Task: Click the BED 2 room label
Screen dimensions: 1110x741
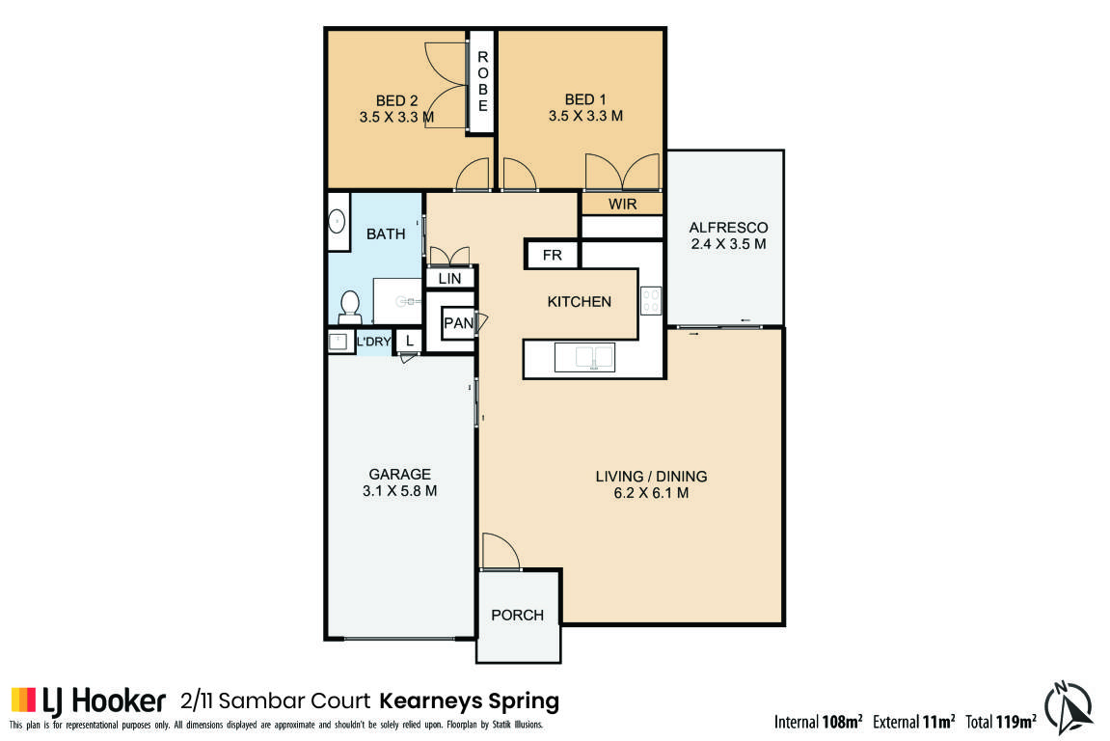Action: (396, 100)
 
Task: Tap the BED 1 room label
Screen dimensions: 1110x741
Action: (585, 100)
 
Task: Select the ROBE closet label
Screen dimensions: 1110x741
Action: (483, 81)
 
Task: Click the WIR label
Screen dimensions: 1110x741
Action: (622, 204)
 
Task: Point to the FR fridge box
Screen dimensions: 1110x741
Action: (553, 255)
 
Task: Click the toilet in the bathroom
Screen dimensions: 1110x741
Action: (350, 307)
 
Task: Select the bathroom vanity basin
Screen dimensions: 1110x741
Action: (338, 222)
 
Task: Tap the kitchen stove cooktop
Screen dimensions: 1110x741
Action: (651, 300)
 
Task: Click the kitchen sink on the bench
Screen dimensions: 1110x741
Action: (584, 357)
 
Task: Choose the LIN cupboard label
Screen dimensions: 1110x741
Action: (449, 279)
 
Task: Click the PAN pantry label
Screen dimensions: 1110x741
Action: (458, 323)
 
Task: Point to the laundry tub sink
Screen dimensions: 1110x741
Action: (338, 342)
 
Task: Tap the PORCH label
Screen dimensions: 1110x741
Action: (518, 615)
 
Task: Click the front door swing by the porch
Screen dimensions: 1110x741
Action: (501, 551)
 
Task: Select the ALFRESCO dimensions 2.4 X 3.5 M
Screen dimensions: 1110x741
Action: (728, 244)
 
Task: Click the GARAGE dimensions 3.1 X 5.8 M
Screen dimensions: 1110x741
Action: (399, 490)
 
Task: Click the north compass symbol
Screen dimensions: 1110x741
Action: (1069, 707)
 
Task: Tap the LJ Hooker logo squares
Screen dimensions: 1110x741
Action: (23, 700)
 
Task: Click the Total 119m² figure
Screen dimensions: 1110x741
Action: (1001, 721)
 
